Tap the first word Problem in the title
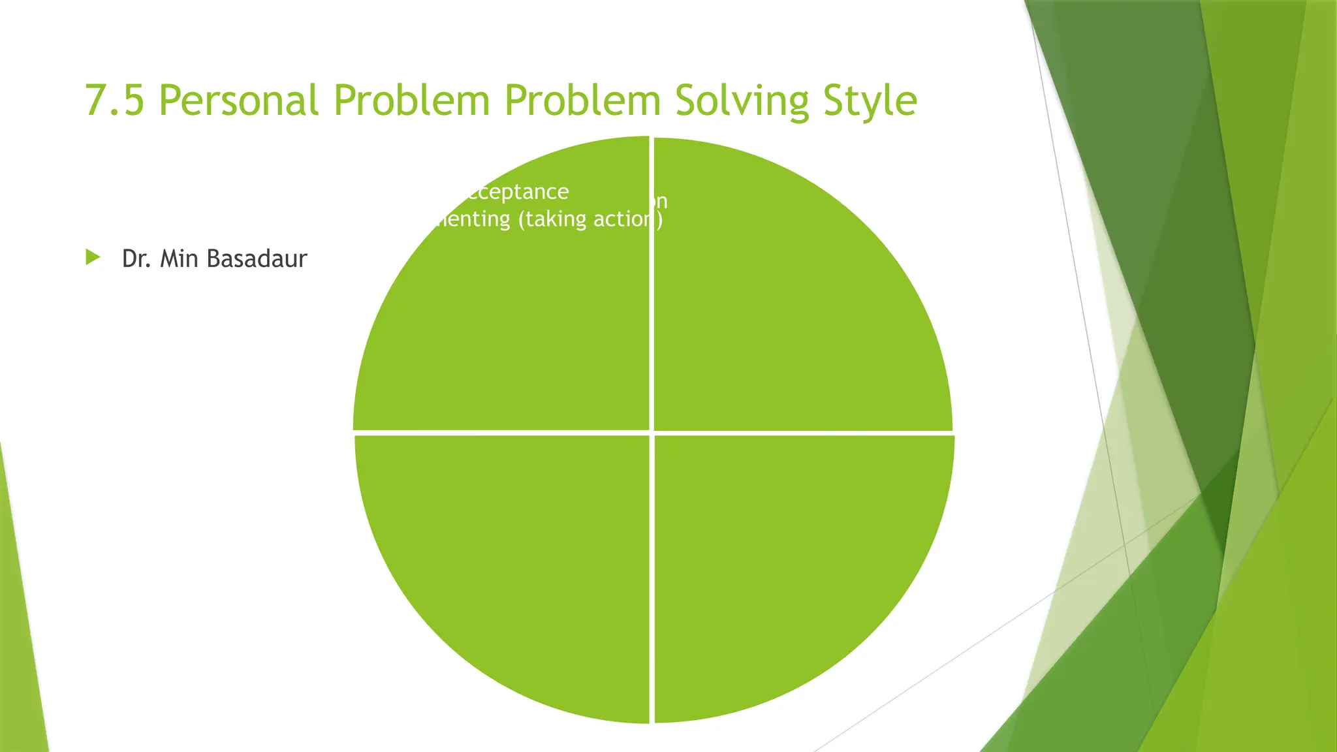pos(411,101)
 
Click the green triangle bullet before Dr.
pos(93,257)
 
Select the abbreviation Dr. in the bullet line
pos(136,258)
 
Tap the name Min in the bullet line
pos(179,258)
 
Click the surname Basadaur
pos(256,258)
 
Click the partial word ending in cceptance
pos(515,192)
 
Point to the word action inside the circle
pos(623,219)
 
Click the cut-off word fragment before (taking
pos(472,219)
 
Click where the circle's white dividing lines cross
pos(652,433)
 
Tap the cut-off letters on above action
pos(660,201)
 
